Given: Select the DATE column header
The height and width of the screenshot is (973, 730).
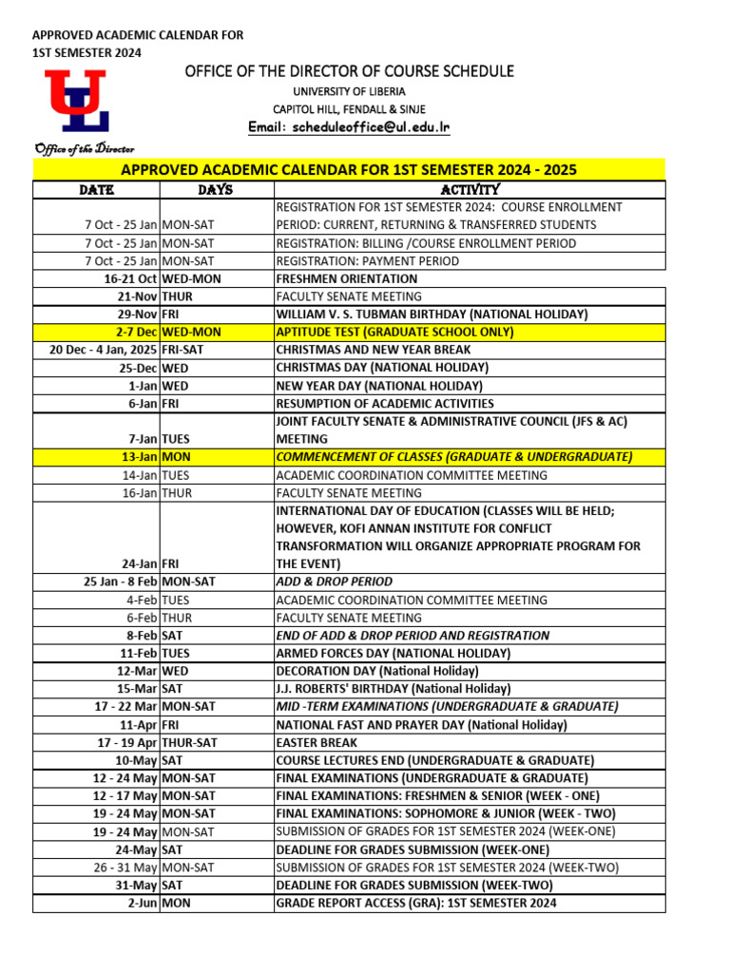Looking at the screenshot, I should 96,190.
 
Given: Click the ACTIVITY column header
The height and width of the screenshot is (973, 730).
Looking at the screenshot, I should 470,190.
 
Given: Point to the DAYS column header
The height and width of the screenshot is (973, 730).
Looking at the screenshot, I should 216,190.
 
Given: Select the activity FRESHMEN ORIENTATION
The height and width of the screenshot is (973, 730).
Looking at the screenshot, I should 346,279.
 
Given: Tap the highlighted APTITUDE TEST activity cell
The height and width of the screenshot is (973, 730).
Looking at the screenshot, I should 394,333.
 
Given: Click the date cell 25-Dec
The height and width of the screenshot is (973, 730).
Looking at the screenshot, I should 138,368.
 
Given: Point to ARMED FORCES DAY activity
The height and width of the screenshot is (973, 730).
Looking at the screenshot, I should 393,654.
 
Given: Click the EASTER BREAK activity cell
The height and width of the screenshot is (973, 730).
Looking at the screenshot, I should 317,743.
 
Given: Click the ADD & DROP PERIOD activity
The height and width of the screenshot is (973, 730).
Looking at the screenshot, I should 334,582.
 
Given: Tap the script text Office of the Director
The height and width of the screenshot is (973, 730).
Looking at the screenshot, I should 84,149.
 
